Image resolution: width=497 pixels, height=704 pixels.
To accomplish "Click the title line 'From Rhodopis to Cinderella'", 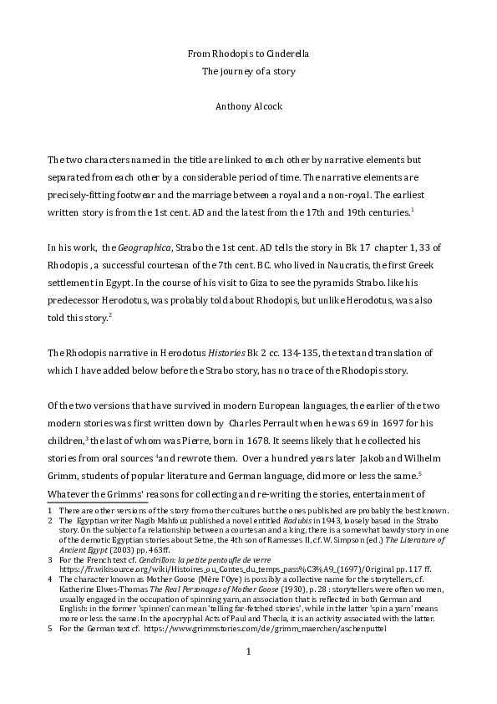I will [x=248, y=55].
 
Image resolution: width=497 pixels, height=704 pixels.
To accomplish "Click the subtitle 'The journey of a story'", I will [x=248, y=72].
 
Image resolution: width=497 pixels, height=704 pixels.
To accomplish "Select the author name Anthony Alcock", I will [x=248, y=107].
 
